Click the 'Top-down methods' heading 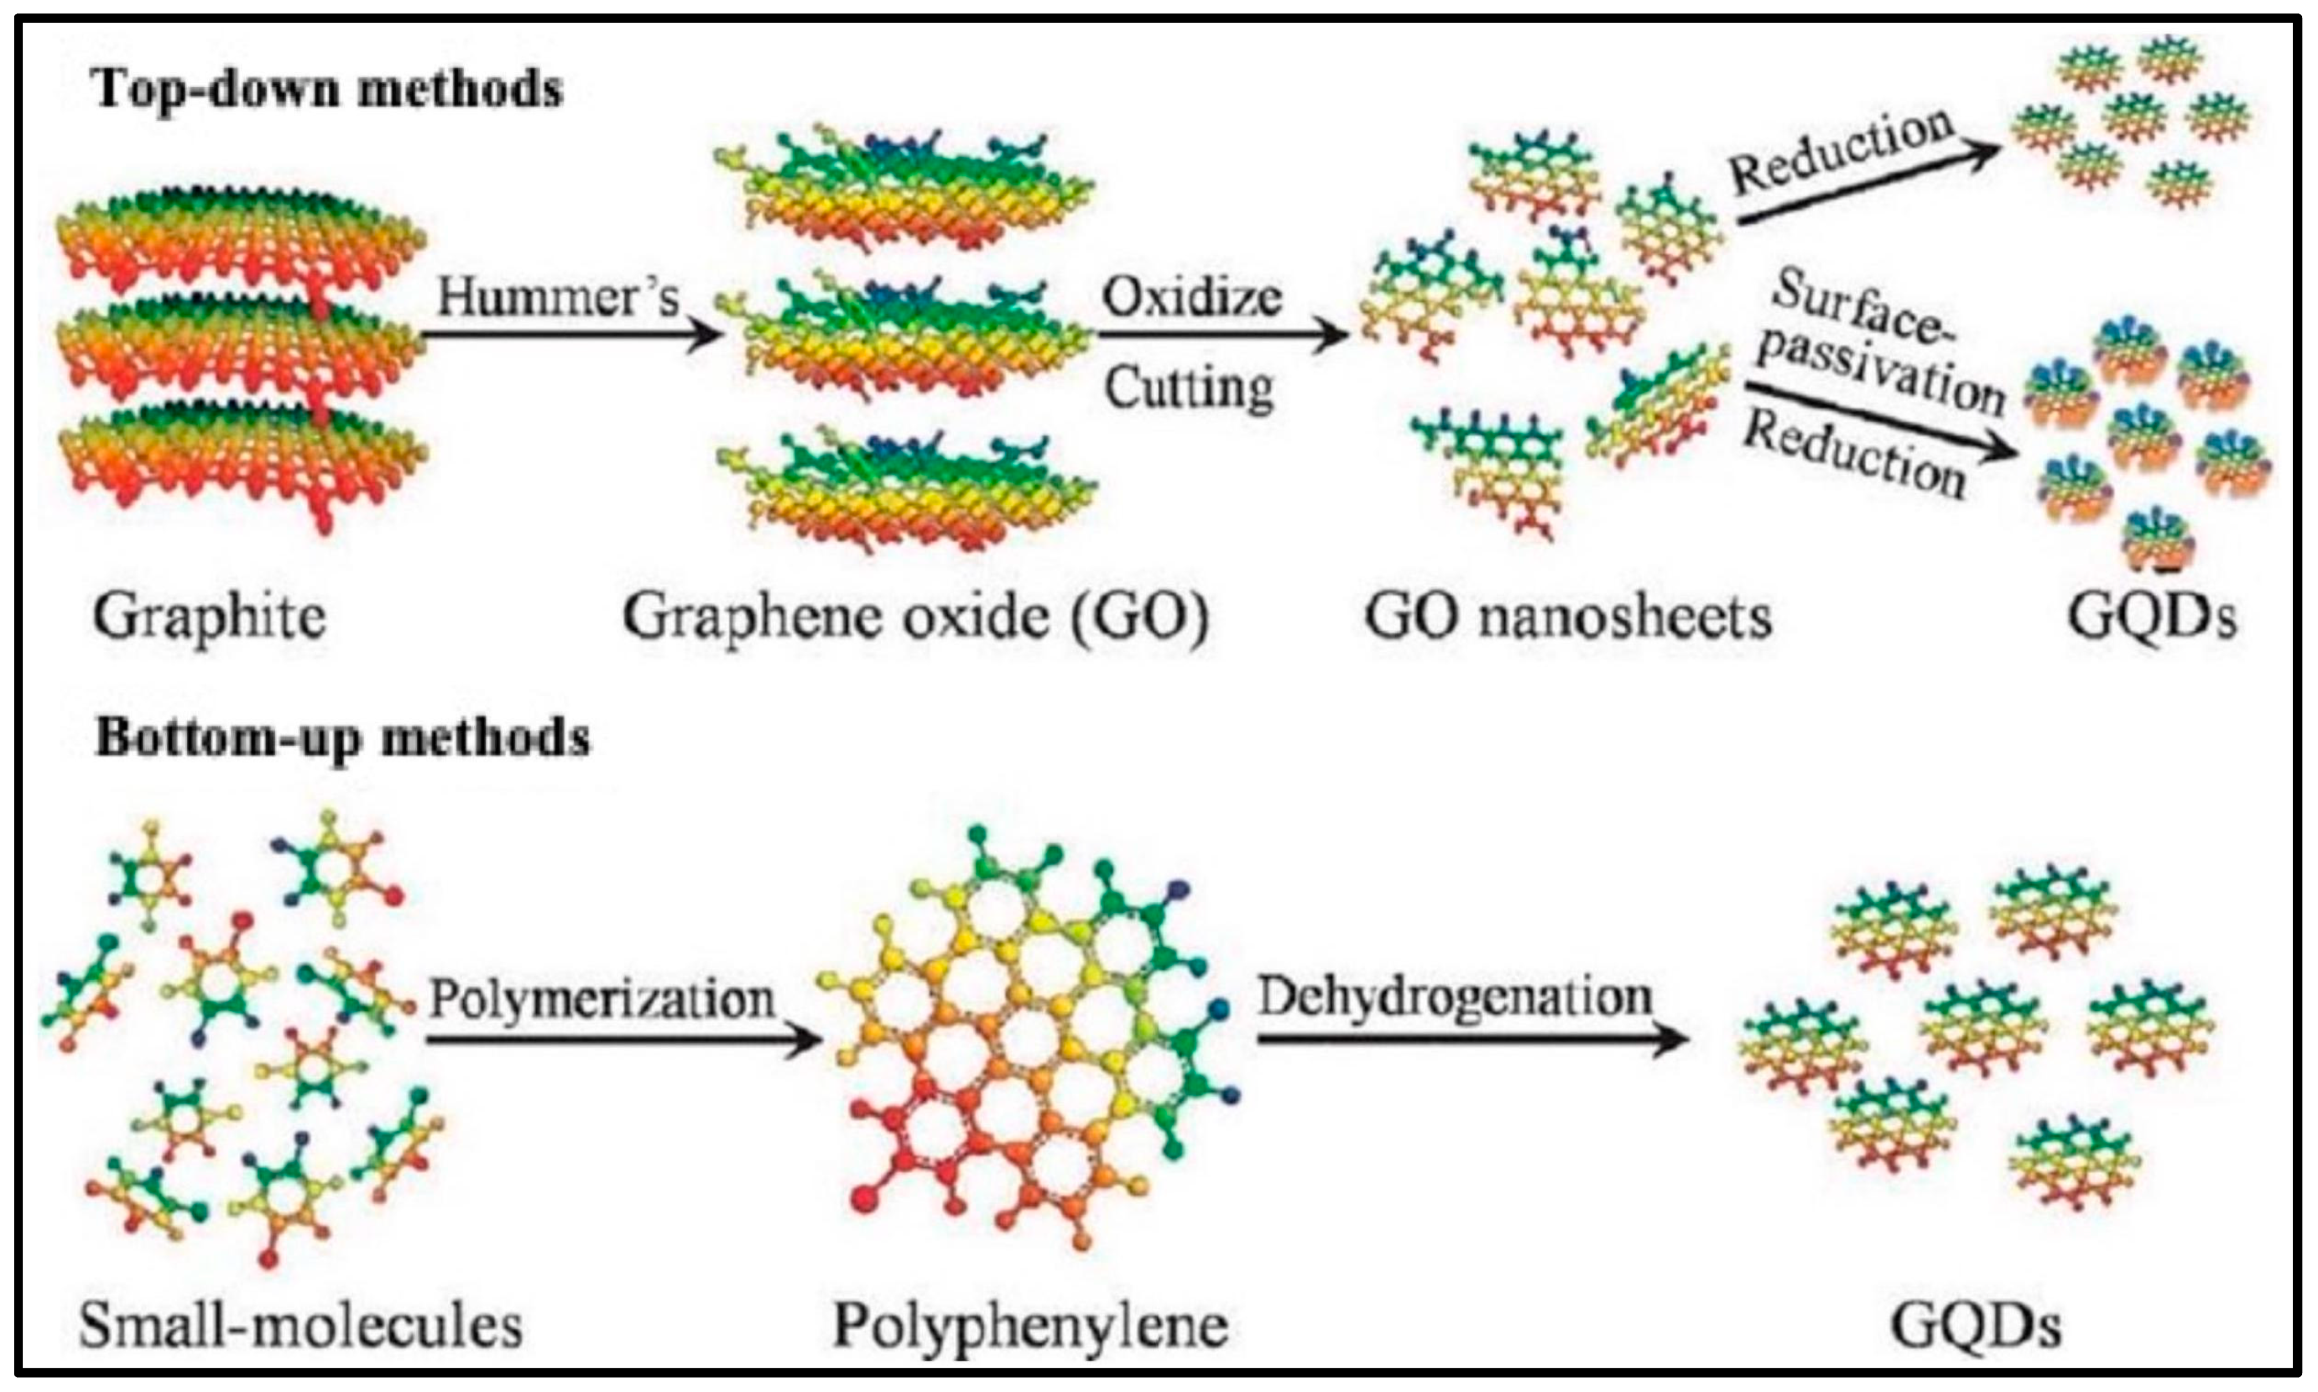pos(328,90)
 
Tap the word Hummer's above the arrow pos(558,298)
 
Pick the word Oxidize pos(1191,298)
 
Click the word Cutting pos(1188,386)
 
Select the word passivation pos(1881,371)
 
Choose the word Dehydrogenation pos(1455,996)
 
